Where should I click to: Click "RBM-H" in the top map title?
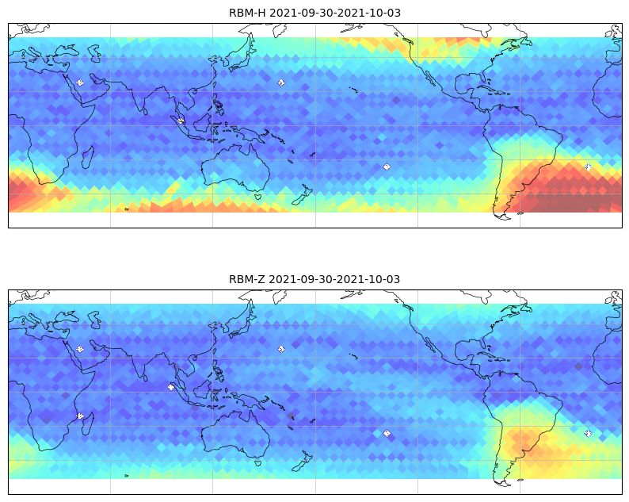[247, 13]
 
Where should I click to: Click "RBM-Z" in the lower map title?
[246, 279]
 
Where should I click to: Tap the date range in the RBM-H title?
[335, 13]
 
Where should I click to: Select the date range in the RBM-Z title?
[334, 279]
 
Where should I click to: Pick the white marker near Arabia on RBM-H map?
[80, 82]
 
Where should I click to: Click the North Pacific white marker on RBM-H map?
[281, 82]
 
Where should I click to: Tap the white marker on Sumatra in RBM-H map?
[180, 121]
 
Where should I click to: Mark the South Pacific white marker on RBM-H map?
[387, 167]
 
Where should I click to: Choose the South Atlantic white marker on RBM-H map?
[588, 167]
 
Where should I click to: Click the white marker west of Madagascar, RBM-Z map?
[80, 416]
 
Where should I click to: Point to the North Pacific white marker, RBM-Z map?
[281, 349]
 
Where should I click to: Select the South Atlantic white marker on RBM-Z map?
[588, 433]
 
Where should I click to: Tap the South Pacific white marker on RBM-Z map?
[387, 433]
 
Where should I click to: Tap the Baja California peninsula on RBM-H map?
[429, 79]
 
